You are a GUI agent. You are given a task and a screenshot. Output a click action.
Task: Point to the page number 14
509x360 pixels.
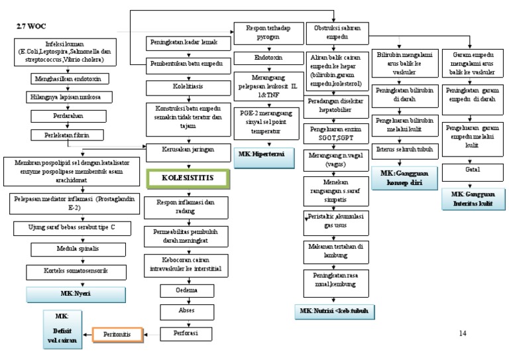[463, 333]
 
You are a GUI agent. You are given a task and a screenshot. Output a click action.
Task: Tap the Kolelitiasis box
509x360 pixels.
[187, 86]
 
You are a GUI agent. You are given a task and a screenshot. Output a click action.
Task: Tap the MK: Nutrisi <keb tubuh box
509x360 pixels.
[333, 310]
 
